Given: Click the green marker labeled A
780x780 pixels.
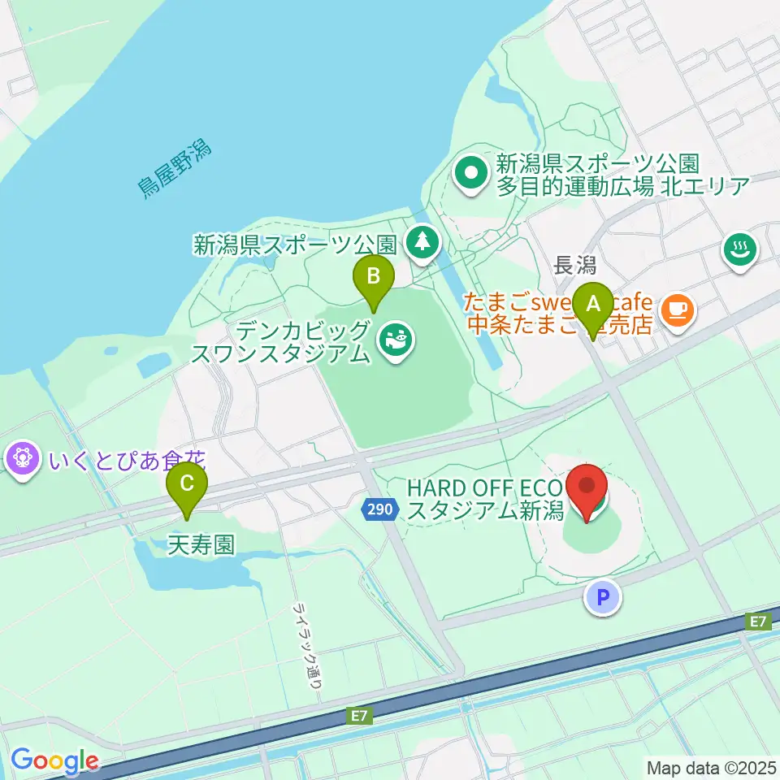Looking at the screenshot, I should (x=594, y=305).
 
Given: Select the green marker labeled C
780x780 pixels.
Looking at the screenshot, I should (x=187, y=486).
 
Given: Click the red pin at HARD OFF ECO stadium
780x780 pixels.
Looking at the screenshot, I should (x=592, y=487).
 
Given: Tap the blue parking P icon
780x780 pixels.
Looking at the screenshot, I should (x=603, y=598).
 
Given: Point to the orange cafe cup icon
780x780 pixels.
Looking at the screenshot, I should (x=676, y=309).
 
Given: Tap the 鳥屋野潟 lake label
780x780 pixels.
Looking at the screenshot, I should (x=174, y=170).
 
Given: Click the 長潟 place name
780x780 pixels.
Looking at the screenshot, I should (x=575, y=265).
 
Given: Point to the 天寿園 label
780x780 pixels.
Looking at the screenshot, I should (x=201, y=544).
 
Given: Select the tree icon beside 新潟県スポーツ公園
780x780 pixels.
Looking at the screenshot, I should (x=422, y=240).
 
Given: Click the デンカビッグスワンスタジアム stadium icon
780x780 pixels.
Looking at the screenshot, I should (x=396, y=340).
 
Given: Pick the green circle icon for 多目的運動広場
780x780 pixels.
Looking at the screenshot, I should (x=470, y=172).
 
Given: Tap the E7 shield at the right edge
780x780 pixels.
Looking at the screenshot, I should (x=759, y=622).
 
